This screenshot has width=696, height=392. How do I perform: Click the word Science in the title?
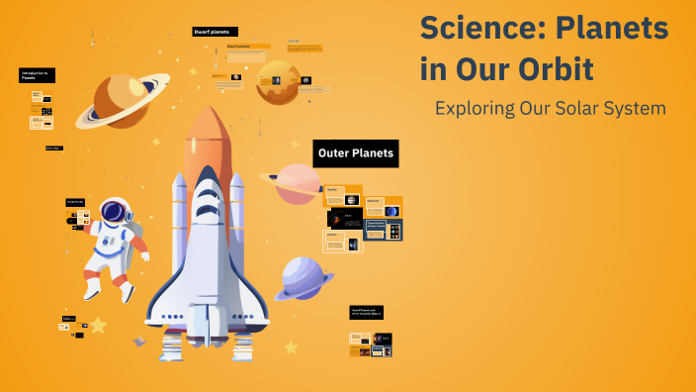point(472,28)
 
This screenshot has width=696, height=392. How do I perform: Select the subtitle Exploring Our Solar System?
point(550,108)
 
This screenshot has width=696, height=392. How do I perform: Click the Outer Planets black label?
point(356,153)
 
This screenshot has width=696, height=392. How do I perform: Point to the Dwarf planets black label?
point(215,32)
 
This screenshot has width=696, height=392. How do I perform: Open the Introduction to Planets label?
point(37,75)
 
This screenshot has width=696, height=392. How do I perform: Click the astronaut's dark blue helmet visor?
point(116,211)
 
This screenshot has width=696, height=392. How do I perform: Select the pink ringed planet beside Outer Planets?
point(296,183)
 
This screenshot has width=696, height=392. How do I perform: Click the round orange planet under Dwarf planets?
point(278,83)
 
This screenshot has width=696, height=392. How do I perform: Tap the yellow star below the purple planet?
point(291,346)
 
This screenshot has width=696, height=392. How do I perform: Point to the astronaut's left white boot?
point(92,287)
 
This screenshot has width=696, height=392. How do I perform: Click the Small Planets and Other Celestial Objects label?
point(366,312)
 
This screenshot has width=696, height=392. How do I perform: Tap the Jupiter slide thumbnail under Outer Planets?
point(343,196)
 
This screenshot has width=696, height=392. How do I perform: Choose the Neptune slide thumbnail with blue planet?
point(384,207)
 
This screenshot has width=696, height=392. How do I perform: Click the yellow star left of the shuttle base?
point(97,325)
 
